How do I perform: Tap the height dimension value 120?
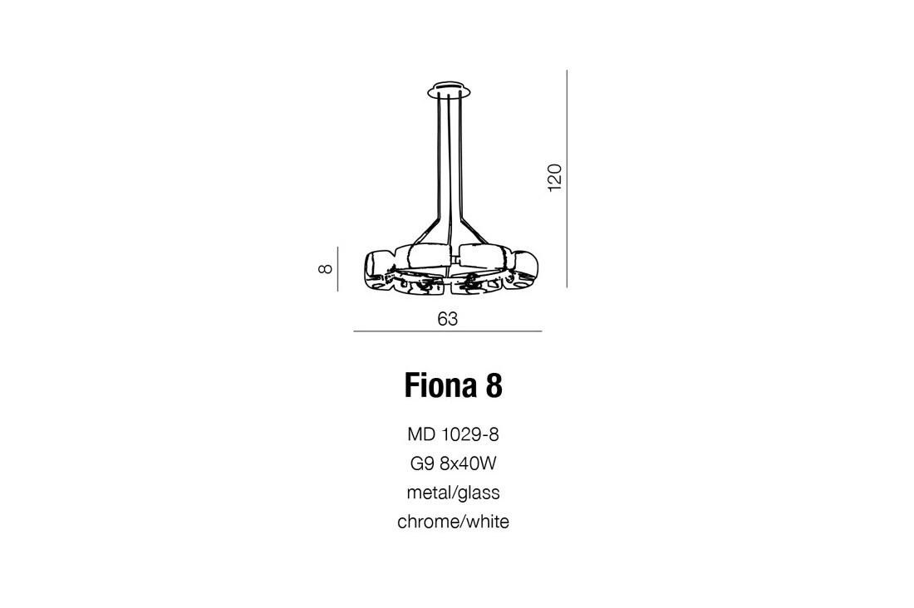pyautogui.click(x=554, y=178)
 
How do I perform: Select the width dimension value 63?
pyautogui.click(x=448, y=319)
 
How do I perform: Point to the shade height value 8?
pyautogui.click(x=325, y=269)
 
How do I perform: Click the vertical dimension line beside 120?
pyautogui.click(x=567, y=179)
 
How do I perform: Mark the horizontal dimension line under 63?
pyautogui.click(x=448, y=331)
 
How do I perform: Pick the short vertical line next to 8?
pyautogui.click(x=337, y=269)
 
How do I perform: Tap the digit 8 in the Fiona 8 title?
pyautogui.click(x=493, y=386)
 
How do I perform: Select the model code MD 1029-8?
pyautogui.click(x=453, y=434)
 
